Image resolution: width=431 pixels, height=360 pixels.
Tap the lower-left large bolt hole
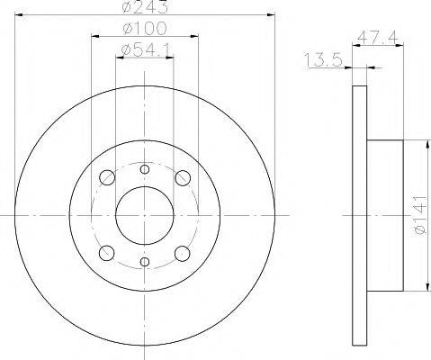tap(107, 253)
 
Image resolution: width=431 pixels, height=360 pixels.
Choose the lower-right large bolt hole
tap(184, 253)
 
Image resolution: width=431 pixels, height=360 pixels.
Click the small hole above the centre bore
tap(145, 168)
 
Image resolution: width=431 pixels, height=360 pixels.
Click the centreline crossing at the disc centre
tap(145, 215)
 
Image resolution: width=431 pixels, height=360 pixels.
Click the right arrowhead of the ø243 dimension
tap(270, 17)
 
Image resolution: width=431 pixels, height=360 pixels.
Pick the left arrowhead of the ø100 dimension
tap(95, 37)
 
